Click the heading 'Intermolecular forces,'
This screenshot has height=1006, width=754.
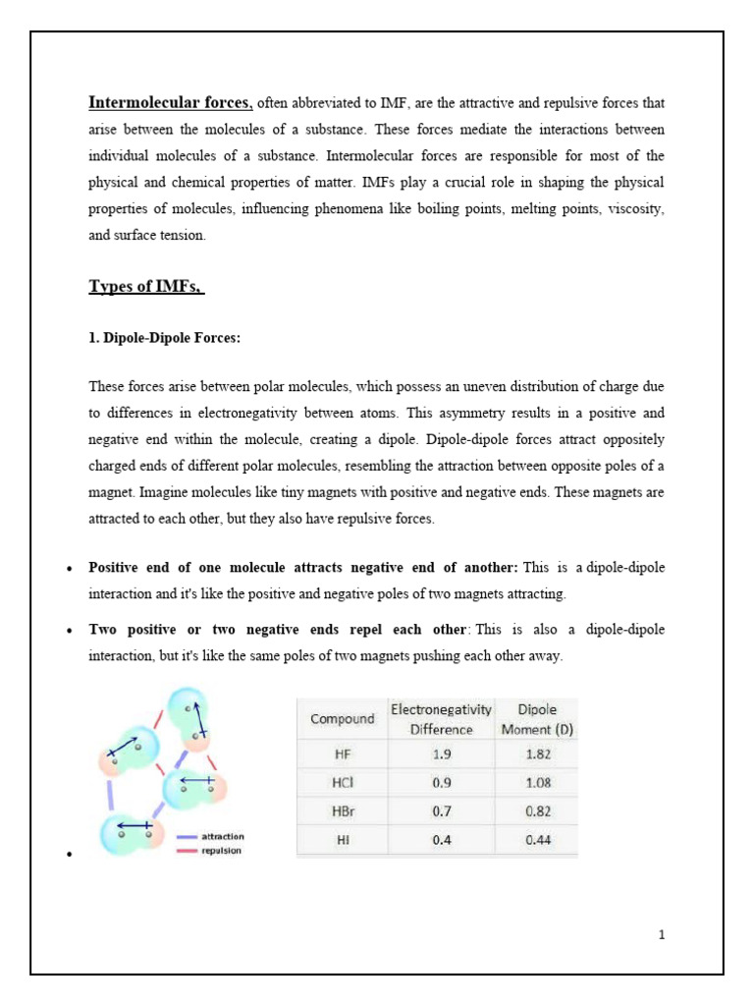pos(171,102)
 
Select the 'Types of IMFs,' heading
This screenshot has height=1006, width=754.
pos(146,287)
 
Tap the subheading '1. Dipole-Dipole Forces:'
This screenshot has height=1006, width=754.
pos(164,338)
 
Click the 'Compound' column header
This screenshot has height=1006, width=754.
pos(342,719)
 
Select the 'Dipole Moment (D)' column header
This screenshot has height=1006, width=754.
pos(536,719)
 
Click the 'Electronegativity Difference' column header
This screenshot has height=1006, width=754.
pos(441,719)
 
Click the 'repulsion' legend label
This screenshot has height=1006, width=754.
pos(221,851)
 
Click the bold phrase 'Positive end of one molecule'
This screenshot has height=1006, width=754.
pos(192,568)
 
